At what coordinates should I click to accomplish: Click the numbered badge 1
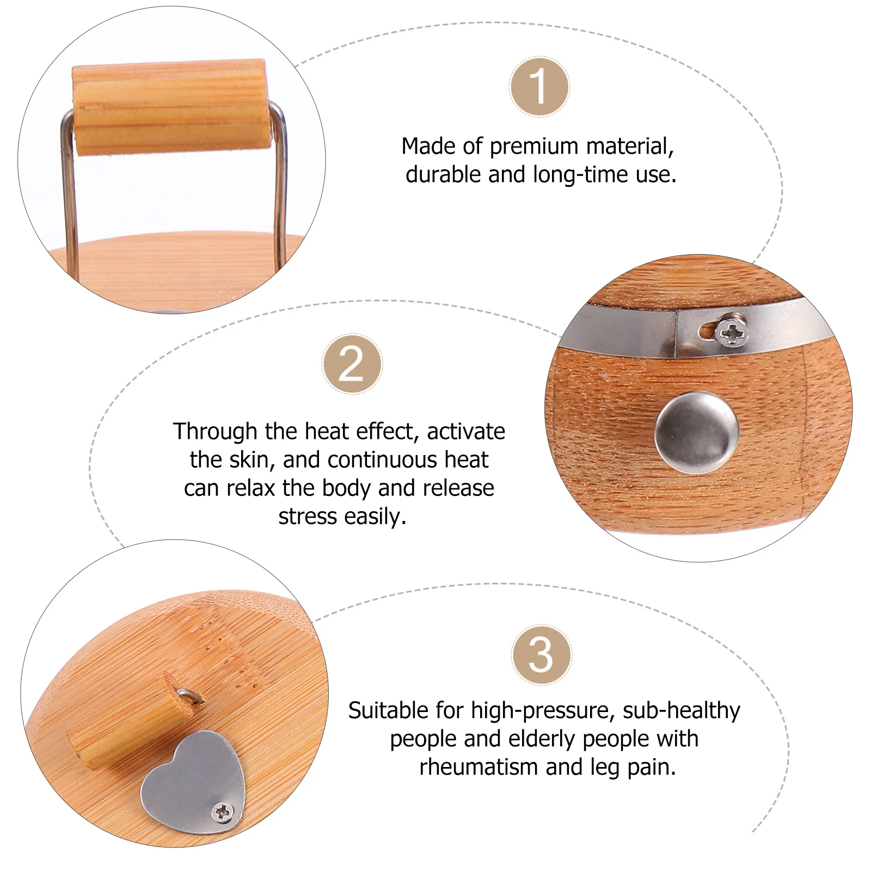(x=539, y=87)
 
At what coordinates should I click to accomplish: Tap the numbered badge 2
(x=352, y=364)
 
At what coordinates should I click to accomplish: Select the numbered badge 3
(x=541, y=654)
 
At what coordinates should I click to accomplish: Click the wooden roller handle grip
(x=171, y=107)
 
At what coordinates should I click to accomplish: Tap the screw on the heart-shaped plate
(x=223, y=813)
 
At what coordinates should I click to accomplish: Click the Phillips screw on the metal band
(x=731, y=332)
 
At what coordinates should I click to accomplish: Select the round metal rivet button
(x=696, y=434)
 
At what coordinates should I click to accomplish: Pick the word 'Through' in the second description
(x=215, y=432)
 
